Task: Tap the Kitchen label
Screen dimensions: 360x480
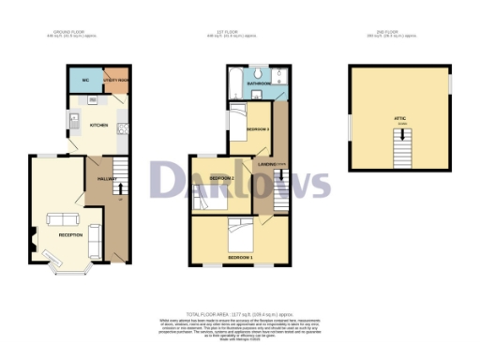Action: [x=98, y=124]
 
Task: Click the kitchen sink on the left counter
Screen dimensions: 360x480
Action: [x=72, y=120]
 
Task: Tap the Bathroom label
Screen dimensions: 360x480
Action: [x=259, y=83]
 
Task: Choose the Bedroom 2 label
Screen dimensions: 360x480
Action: [x=221, y=177]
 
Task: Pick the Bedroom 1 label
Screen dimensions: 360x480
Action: [x=240, y=255]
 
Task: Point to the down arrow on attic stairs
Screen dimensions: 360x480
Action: [x=402, y=147]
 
